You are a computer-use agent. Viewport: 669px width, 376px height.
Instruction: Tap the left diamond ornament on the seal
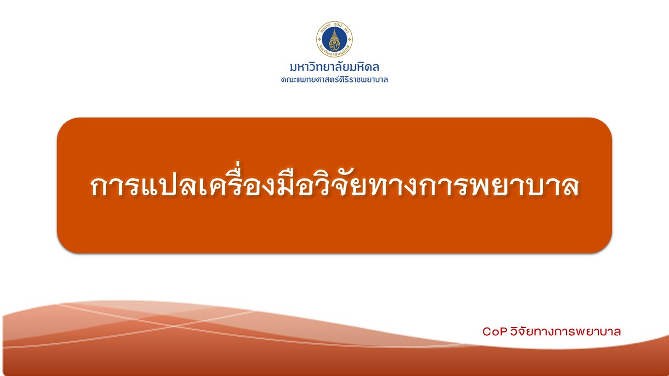point(319,39)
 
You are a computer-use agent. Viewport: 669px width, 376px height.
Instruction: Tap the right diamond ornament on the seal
point(350,39)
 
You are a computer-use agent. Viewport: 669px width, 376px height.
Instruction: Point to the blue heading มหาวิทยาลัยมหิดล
point(334,67)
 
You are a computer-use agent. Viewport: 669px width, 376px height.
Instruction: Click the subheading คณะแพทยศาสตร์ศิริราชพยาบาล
point(334,80)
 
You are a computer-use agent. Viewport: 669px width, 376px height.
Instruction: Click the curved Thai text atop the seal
point(334,26)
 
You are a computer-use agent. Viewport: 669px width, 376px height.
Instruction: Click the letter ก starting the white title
point(99,186)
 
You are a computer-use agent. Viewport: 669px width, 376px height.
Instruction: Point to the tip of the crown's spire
point(334,28)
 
